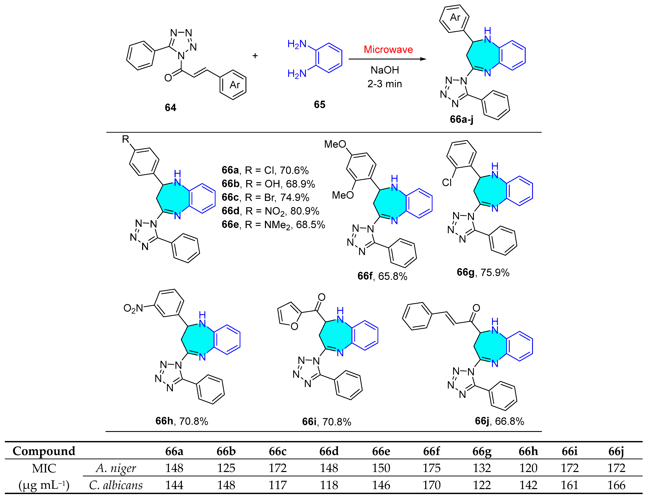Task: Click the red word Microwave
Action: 388,49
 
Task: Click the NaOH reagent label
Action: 385,70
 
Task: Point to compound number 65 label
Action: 320,104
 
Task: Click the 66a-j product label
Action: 461,119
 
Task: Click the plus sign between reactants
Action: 255,56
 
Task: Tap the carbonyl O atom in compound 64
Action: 168,78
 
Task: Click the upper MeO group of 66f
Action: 335,144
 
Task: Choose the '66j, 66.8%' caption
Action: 499,421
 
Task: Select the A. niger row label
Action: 116,468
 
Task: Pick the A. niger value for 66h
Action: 528,468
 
